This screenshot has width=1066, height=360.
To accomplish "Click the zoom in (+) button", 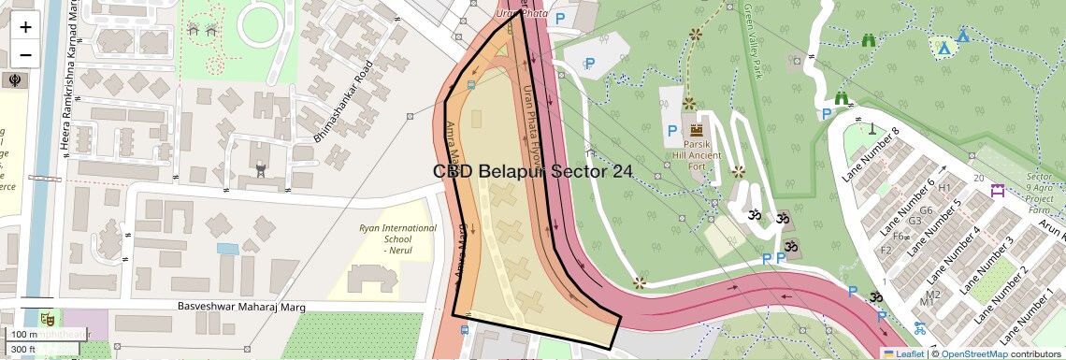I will pyautogui.click(x=25, y=27).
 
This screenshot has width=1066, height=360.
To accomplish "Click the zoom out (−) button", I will pyautogui.click(x=25, y=54).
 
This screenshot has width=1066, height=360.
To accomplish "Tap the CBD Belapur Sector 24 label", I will pyautogui.click(x=532, y=171).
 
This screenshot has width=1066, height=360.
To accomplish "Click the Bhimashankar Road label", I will pyautogui.click(x=343, y=102).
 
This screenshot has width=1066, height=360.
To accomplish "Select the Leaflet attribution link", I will pyautogui.click(x=903, y=353).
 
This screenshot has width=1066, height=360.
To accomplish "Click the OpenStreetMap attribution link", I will pyautogui.click(x=973, y=353).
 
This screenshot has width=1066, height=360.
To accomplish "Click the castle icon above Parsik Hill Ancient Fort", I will pyautogui.click(x=696, y=128).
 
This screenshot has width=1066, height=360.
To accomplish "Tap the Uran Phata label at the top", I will pyautogui.click(x=520, y=13).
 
